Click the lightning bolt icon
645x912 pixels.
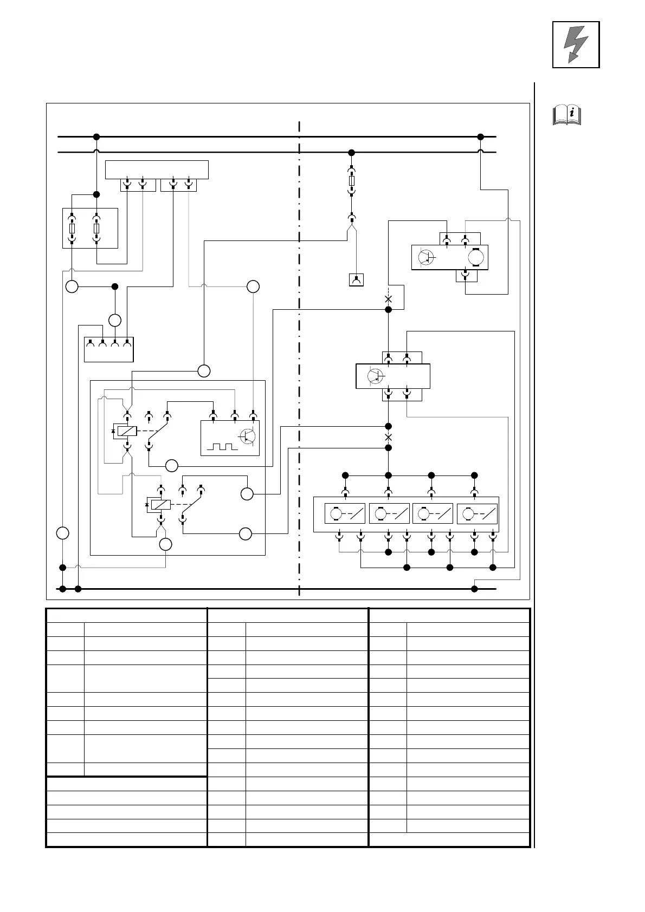pyautogui.click(x=576, y=44)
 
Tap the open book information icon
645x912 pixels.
pyautogui.click(x=566, y=115)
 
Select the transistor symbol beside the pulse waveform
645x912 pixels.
pyautogui.click(x=247, y=437)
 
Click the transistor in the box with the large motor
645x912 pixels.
pyautogui.click(x=427, y=257)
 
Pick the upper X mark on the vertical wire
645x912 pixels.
pyautogui.click(x=388, y=298)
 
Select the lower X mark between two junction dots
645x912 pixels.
pyautogui.click(x=388, y=437)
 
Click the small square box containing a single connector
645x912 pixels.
pyautogui.click(x=356, y=280)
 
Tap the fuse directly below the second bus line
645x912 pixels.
pyautogui.click(x=351, y=180)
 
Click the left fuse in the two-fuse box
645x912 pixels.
pyautogui.click(x=72, y=229)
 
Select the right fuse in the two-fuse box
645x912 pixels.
pyautogui.click(x=96, y=229)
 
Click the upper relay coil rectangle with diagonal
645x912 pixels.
pyautogui.click(x=127, y=432)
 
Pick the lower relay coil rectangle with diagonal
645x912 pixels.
pyautogui.click(x=161, y=505)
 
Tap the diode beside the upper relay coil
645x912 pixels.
pyautogui.click(x=113, y=432)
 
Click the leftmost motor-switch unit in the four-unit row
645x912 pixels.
pyautogui.click(x=345, y=513)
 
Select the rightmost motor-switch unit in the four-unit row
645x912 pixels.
pyautogui.click(x=477, y=513)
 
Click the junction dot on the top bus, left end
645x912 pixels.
pyautogui.click(x=96, y=136)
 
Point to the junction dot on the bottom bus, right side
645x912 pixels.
pyautogui.click(x=474, y=589)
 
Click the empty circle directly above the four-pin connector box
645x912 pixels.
pyautogui.click(x=114, y=320)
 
